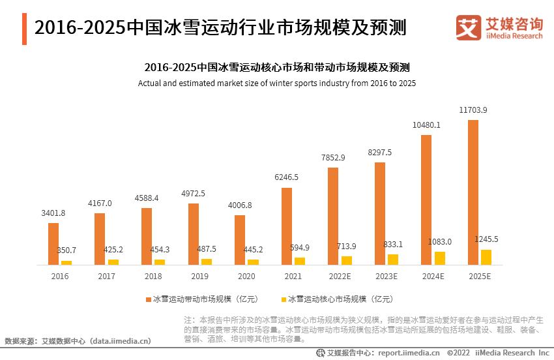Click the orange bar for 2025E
pyautogui.click(x=473, y=192)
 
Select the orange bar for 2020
pyautogui.click(x=240, y=240)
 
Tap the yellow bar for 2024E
pyautogui.click(x=440, y=258)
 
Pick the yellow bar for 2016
pyautogui.click(x=66, y=262)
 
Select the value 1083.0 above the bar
pyautogui.click(x=440, y=242)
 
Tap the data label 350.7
pyautogui.click(x=66, y=250)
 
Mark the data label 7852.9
pyautogui.click(x=333, y=158)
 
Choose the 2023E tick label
pyautogui.click(x=386, y=277)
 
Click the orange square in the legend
pyautogui.click(x=148, y=299)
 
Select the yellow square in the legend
pyautogui.click(x=283, y=299)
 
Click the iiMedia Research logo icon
pyautogui.click(x=468, y=28)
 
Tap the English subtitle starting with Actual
pyautogui.click(x=277, y=83)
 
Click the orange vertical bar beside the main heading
pyautogui.click(x=24, y=29)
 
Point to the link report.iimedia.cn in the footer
pyautogui.click(x=409, y=353)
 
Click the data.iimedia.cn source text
pyautogui.click(x=121, y=340)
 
